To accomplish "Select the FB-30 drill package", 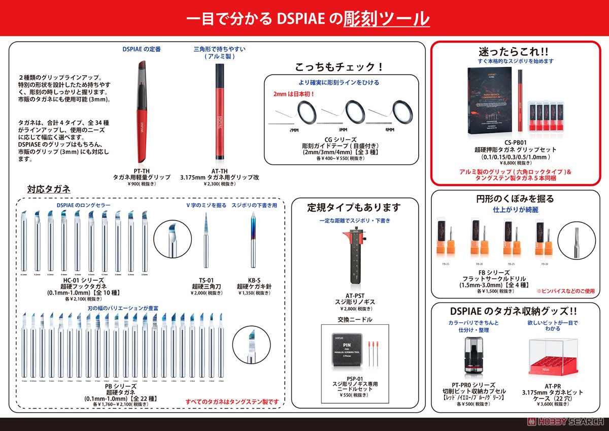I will pyautogui.click(x=544, y=239).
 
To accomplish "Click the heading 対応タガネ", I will pyautogui.click(x=49, y=189).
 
